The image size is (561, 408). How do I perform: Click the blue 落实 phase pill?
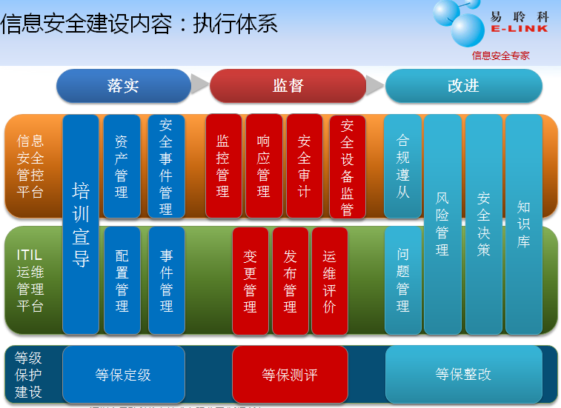123,86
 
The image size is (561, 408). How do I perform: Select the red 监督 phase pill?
288,86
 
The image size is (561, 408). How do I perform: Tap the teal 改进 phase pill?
463,86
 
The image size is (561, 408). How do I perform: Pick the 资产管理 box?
122,166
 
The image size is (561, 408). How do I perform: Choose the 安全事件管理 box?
166,166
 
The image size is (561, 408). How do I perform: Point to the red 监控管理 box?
223,166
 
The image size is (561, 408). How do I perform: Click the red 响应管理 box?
263,166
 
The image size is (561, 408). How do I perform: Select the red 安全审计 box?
304,166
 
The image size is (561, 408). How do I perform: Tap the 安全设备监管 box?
347,167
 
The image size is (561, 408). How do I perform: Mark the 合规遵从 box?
403,166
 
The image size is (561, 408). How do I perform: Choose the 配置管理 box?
122,281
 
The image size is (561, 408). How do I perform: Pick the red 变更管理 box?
250,281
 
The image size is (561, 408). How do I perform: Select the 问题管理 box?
403,281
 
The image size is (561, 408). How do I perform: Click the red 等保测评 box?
290,375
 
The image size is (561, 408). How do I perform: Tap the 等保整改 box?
463,374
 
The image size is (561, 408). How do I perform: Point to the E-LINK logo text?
519,29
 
